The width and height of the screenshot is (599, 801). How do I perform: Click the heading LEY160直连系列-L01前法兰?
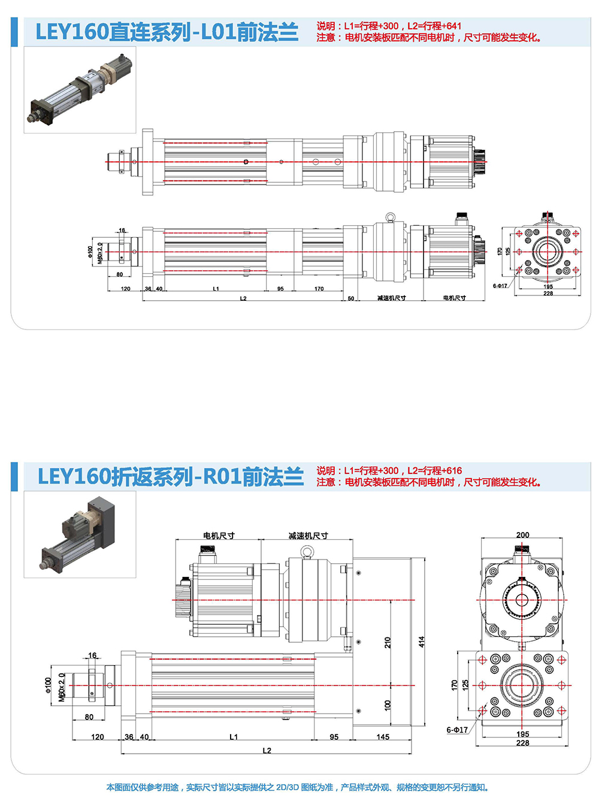pyautogui.click(x=167, y=32)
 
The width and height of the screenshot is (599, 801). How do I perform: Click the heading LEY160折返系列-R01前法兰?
pyautogui.click(x=171, y=477)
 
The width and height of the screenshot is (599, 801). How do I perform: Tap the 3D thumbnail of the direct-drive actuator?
pyautogui.click(x=80, y=90)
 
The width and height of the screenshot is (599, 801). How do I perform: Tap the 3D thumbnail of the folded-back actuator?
pyautogui.click(x=80, y=534)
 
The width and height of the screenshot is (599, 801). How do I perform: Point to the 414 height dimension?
pyautogui.click(x=422, y=642)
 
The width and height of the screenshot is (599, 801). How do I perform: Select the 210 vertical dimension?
pyautogui.click(x=388, y=642)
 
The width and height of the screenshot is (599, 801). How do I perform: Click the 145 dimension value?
pyautogui.click(x=383, y=737)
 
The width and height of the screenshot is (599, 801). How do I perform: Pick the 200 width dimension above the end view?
pyautogui.click(x=522, y=535)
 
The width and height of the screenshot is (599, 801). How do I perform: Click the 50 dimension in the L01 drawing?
pyautogui.click(x=351, y=298)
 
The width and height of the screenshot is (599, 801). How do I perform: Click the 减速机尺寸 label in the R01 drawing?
pyautogui.click(x=308, y=536)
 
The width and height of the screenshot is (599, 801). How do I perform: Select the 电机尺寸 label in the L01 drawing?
pyautogui.click(x=454, y=298)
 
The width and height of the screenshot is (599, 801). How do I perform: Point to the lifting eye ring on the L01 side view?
pyautogui.click(x=390, y=217)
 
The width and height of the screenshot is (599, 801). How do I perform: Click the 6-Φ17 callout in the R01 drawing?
pyautogui.click(x=457, y=730)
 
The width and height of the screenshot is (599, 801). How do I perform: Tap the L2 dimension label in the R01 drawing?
pyautogui.click(x=267, y=751)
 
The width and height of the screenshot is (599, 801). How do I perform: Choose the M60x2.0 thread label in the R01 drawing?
pyautogui.click(x=62, y=687)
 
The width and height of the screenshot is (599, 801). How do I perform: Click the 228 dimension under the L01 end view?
pyautogui.click(x=548, y=294)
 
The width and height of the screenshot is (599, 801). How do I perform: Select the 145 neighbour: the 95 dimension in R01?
pyautogui.click(x=334, y=737)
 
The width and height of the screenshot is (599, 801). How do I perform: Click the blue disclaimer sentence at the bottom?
pyautogui.click(x=298, y=787)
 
